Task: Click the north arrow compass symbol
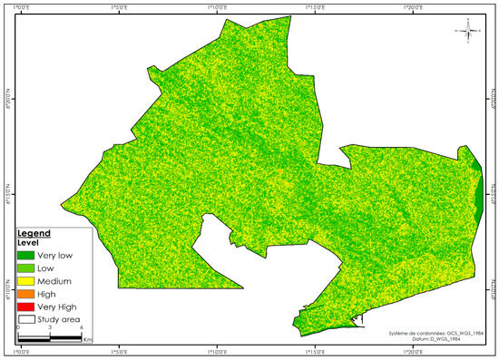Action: pyautogui.click(x=470, y=34)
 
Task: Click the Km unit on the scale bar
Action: pyautogui.click(x=87, y=340)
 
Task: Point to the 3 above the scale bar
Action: pyautogui.click(x=49, y=328)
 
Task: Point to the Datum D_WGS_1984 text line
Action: pyautogui.click(x=443, y=340)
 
